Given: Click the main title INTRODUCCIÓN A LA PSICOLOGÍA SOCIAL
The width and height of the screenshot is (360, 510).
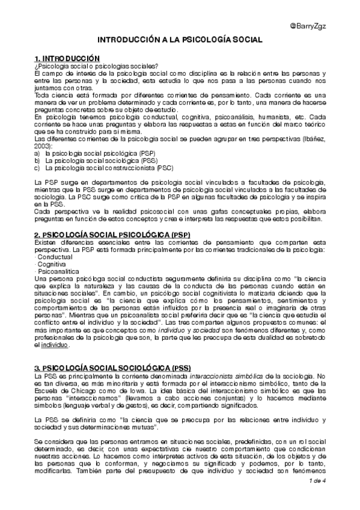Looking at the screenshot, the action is (x=180, y=39).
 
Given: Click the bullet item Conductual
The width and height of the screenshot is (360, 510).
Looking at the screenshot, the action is (x=55, y=257).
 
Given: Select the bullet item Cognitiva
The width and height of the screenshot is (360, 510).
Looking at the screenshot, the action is (x=53, y=264).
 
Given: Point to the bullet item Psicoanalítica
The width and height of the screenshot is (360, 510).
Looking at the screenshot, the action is (x=58, y=271).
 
